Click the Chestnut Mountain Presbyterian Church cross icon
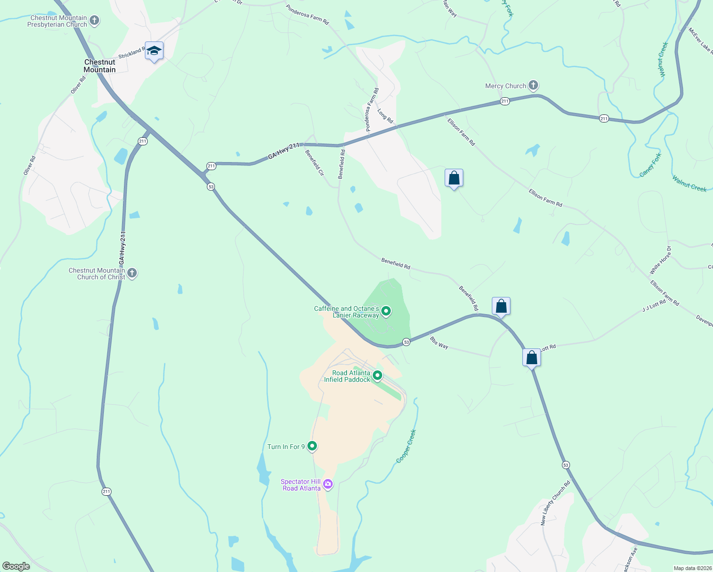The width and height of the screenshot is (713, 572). pos(94,20)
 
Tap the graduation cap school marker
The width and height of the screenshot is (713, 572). pos(154,51)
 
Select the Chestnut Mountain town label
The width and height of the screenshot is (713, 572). pos(100,66)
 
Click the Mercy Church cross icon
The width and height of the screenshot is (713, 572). pos(533,86)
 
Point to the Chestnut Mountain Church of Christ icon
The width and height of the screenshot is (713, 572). pos(132,273)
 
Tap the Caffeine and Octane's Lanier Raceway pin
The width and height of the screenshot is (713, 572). pos(387,312)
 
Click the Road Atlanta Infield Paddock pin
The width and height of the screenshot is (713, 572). pos(377,376)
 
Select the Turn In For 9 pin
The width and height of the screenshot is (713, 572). pos(312,446)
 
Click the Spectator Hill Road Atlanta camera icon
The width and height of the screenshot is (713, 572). pos(328,484)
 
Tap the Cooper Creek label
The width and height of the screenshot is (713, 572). pos(407,446)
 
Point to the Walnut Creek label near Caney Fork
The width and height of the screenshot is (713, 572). pos(689,184)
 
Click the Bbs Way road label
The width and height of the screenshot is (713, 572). pos(439,343)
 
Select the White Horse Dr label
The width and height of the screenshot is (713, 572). pos(660,260)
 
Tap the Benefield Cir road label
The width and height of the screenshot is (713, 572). pos(315,163)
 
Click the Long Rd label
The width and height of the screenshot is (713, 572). pos(385,116)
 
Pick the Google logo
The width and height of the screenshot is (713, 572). pos(16,566)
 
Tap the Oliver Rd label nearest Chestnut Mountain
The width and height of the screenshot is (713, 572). pos(78,85)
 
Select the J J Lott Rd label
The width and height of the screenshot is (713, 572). pos(654,306)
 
